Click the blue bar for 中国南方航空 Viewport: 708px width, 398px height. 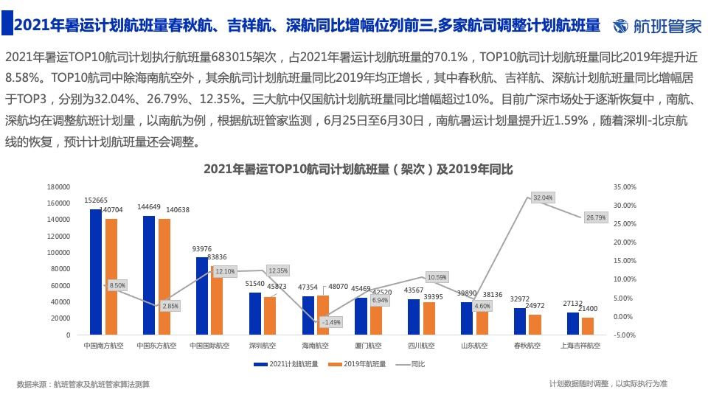point(96,272)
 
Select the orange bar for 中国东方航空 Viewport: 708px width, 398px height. point(164,277)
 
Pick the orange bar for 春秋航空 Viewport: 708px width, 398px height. point(535,325)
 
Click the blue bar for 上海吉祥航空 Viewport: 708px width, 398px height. point(573,324)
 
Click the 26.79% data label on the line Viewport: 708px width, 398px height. point(595,217)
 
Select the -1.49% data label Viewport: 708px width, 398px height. point(331,322)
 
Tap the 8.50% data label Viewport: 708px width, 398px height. point(117,284)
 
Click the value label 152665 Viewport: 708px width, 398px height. point(96,200)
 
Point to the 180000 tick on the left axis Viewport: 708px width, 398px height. point(58,187)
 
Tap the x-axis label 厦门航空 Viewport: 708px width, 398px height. point(367,345)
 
